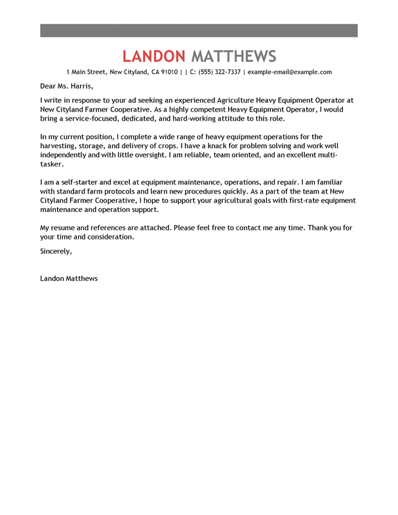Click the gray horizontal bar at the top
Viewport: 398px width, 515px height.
pyautogui.click(x=199, y=30)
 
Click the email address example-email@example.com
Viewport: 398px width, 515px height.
pyautogui.click(x=290, y=72)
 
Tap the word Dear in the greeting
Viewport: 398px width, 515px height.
pyautogui.click(x=48, y=86)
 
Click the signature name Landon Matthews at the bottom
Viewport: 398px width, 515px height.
pyautogui.click(x=69, y=278)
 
